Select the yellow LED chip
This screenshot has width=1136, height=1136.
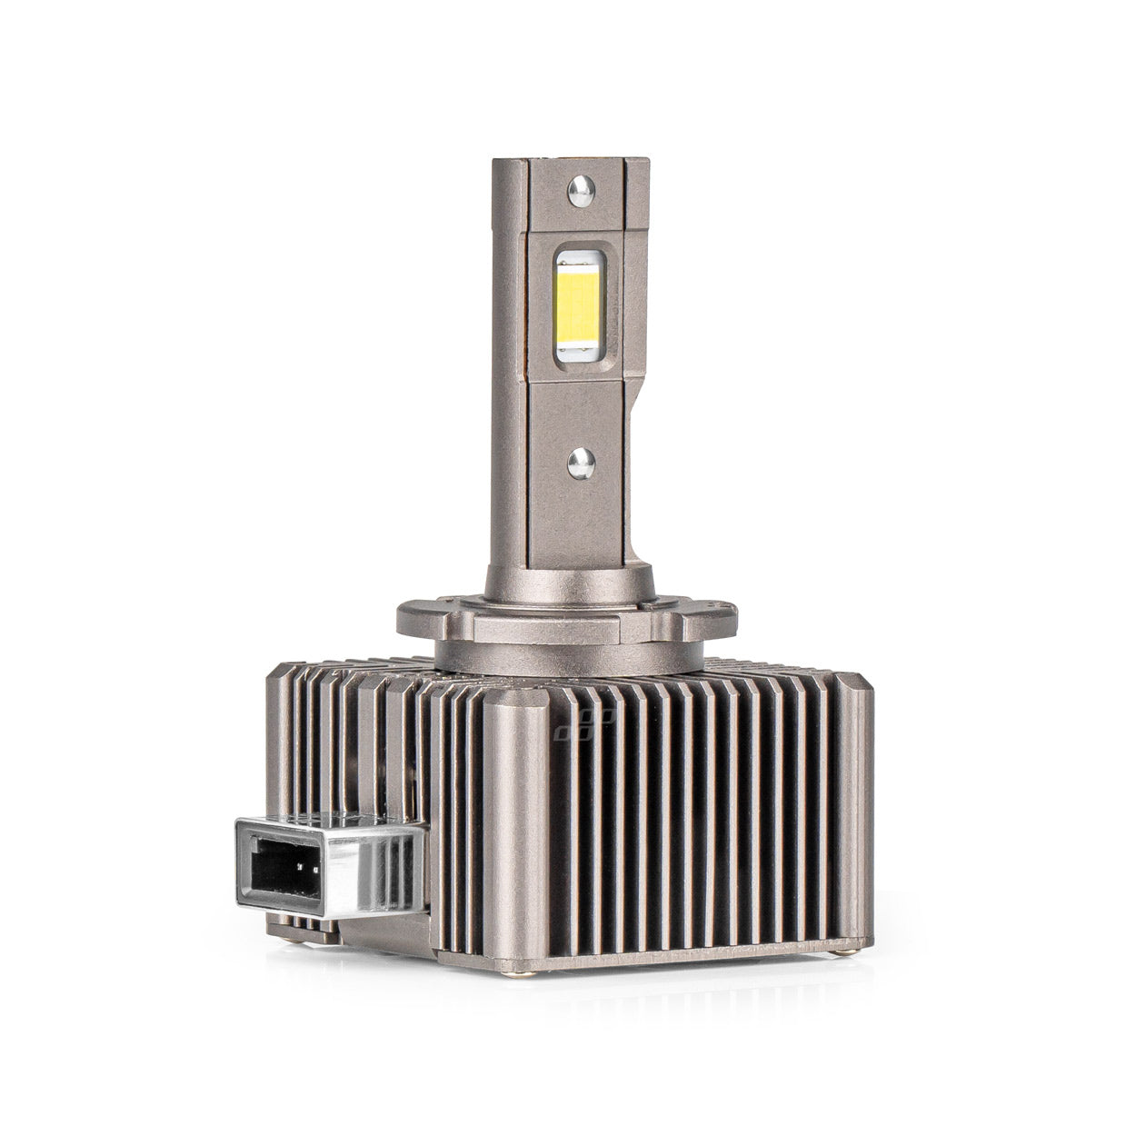tap(575, 304)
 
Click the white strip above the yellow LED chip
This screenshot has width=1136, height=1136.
tap(574, 259)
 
